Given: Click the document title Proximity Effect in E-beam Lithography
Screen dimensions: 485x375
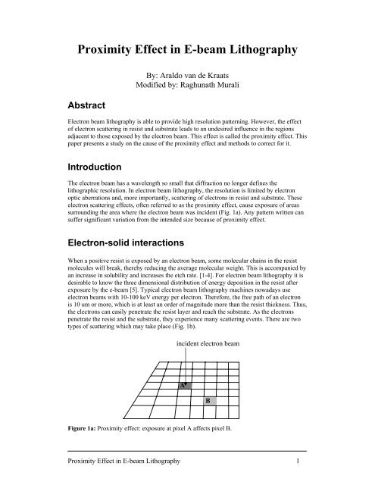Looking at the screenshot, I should (187, 52).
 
